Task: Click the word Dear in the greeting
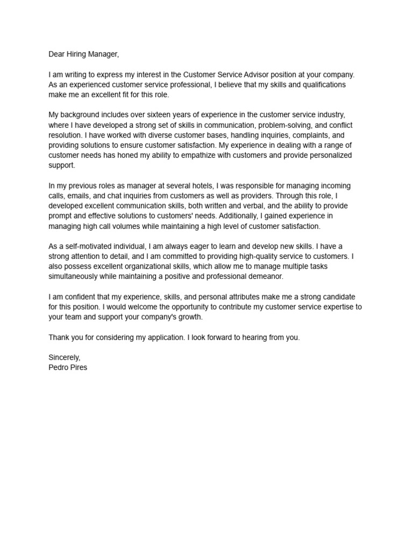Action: tap(58, 54)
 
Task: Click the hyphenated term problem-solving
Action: tap(286, 125)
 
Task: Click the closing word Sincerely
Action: tap(64, 357)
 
